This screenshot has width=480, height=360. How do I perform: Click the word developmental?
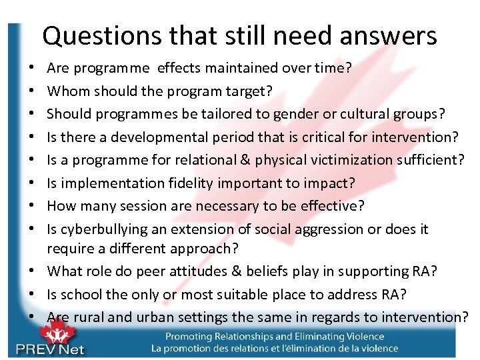click(142, 137)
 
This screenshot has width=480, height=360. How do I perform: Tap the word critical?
click(321, 137)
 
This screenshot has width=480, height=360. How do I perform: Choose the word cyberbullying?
click(105, 229)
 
